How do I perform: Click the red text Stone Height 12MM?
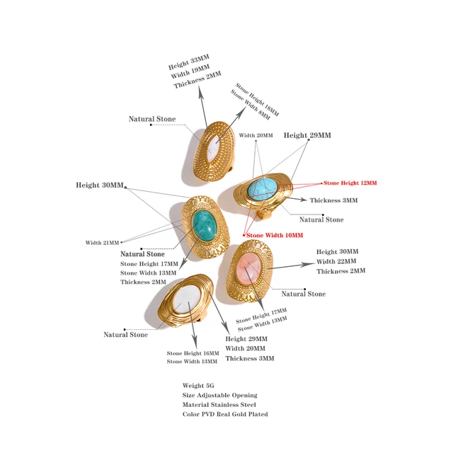(350, 183)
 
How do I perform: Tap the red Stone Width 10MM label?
(274, 235)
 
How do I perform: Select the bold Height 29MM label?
(307, 135)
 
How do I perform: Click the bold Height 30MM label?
(100, 185)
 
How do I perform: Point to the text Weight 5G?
(198, 386)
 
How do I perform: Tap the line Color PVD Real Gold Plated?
(225, 415)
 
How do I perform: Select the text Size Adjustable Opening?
(219, 396)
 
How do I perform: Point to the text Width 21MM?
(102, 243)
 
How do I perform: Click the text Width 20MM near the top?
(256, 134)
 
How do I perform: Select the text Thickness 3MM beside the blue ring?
(333, 200)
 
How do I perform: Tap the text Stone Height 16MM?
(193, 352)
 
